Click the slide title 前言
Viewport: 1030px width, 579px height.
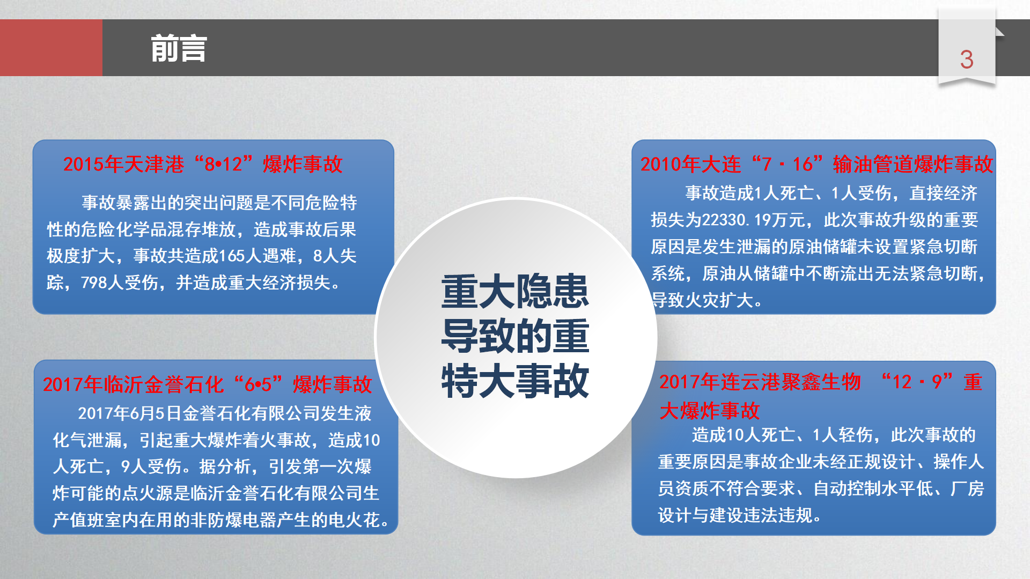pyautogui.click(x=179, y=48)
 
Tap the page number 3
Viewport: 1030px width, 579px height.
pyautogui.click(x=967, y=60)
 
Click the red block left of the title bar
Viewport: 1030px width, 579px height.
pyautogui.click(x=51, y=48)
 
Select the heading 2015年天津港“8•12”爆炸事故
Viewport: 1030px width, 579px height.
pyautogui.click(x=203, y=164)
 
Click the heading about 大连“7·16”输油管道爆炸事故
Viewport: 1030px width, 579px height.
pyautogui.click(x=816, y=164)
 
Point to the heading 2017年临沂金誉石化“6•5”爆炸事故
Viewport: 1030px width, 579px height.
pyautogui.click(x=207, y=384)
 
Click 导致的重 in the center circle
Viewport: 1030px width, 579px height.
pyautogui.click(x=515, y=336)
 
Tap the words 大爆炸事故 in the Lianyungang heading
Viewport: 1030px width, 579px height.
pyautogui.click(x=710, y=411)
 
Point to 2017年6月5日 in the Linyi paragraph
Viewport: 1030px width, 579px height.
pyautogui.click(x=130, y=413)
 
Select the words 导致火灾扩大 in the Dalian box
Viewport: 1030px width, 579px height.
pyautogui.click(x=702, y=300)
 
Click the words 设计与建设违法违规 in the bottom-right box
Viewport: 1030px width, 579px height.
pyautogui.click(x=735, y=515)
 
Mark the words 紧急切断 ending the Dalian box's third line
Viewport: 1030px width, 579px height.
pyautogui.click(x=944, y=247)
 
